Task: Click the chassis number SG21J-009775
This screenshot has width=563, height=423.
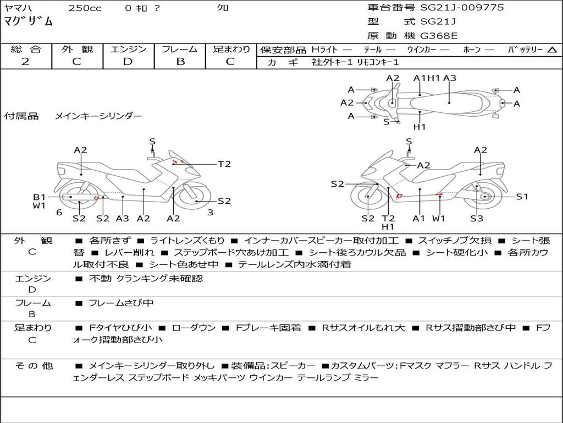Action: [462, 7]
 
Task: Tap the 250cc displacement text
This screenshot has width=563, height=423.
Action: [85, 8]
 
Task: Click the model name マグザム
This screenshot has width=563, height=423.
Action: [28, 21]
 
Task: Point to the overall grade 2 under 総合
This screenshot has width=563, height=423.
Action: [25, 62]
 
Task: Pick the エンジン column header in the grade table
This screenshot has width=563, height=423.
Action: [128, 49]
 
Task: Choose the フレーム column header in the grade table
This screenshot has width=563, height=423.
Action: [180, 49]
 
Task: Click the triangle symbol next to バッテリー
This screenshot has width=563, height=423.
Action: [552, 50]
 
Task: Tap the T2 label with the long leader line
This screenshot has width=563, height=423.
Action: [224, 164]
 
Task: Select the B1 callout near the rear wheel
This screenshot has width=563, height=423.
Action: [39, 197]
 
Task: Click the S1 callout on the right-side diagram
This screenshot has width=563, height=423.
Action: [522, 197]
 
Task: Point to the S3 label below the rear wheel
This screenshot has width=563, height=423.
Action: [477, 218]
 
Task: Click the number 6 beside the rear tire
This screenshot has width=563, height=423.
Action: [59, 212]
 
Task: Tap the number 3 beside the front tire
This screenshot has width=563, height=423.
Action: [211, 212]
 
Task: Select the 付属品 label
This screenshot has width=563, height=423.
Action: [21, 116]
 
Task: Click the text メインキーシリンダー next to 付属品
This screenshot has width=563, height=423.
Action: [98, 116]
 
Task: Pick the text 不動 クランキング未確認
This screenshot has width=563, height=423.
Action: [146, 278]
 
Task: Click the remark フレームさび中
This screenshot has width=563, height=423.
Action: [121, 303]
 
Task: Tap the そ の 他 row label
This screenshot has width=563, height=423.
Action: [34, 366]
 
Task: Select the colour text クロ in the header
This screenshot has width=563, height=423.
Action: [223, 8]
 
